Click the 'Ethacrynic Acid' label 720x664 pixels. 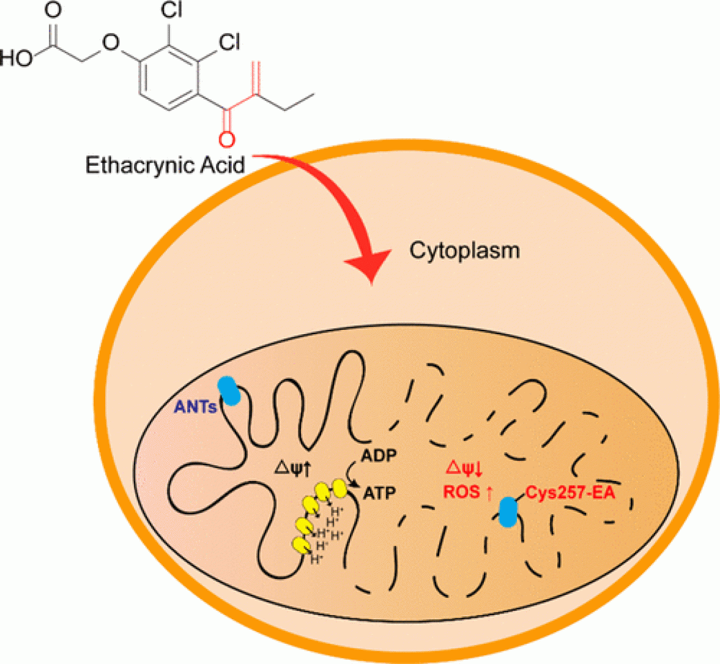pos(165,165)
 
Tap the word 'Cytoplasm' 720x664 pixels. pos(464,250)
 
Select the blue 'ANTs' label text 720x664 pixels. pos(195,406)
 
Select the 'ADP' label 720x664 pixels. pos(379,455)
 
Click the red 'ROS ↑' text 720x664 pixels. pos(467,493)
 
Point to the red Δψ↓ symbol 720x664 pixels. pos(466,468)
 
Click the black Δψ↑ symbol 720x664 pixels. pos(292,469)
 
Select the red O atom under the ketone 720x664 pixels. pos(226,140)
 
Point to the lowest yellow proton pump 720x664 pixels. pos(301,544)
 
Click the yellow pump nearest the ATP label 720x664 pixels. pos(340,488)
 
